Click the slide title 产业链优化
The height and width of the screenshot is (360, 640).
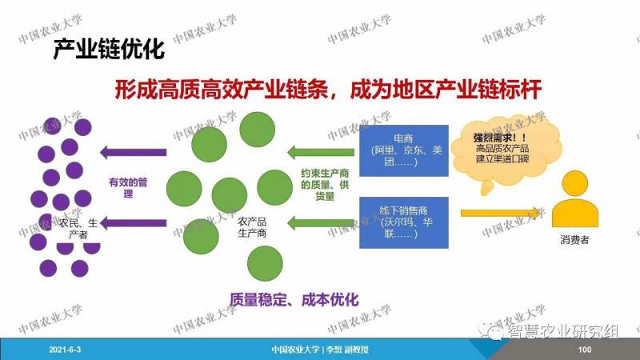click(x=109, y=50)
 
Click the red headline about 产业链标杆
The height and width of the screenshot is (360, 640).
click(x=328, y=90)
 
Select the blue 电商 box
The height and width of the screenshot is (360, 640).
click(x=404, y=150)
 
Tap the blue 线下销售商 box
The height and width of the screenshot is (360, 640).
click(x=404, y=222)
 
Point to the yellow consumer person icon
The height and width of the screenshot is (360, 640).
click(x=574, y=199)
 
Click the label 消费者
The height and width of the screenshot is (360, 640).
click(x=574, y=240)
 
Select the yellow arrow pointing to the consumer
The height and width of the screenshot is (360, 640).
click(x=501, y=213)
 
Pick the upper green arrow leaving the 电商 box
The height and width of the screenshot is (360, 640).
click(x=321, y=152)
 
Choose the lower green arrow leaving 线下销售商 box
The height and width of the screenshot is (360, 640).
click(x=321, y=223)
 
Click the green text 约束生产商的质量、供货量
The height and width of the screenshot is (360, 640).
click(x=325, y=185)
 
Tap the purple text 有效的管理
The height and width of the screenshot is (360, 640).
click(x=128, y=188)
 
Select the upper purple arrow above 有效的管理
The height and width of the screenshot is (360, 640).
click(x=133, y=152)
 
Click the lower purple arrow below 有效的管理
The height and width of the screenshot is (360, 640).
click(x=133, y=223)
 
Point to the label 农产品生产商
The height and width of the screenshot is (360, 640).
click(x=252, y=227)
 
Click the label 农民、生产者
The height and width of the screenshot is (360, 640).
click(x=78, y=229)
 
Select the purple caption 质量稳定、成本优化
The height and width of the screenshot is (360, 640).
click(x=294, y=300)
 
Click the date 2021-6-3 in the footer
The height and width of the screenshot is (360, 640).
click(x=65, y=350)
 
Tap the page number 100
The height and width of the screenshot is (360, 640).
click(x=585, y=350)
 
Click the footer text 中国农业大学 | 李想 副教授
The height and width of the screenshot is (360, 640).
click(x=320, y=350)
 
